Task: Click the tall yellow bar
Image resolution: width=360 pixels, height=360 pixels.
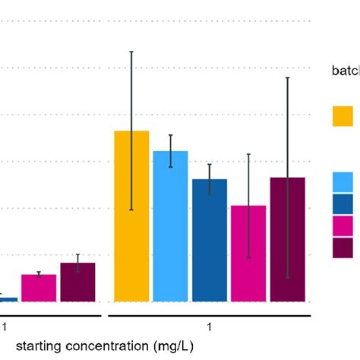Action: (131, 216)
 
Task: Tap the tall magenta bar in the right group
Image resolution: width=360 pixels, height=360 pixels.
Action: (248, 254)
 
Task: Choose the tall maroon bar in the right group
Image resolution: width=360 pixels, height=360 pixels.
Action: (287, 239)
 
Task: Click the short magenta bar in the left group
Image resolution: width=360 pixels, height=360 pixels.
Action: (39, 288)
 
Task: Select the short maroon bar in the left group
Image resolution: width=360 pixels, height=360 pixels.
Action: (77, 282)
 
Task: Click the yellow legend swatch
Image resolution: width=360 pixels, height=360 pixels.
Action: (343, 116)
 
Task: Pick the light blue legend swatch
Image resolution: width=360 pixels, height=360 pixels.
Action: (343, 182)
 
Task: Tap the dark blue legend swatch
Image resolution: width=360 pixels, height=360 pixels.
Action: (343, 204)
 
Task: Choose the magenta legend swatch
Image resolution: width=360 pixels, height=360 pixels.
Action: (343, 226)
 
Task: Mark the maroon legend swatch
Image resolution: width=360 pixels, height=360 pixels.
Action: (343, 248)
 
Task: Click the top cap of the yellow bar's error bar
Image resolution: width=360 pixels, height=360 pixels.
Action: (131, 52)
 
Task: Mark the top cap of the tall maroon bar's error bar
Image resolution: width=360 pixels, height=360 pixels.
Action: (287, 77)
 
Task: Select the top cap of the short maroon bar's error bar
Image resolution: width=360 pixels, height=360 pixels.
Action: (77, 254)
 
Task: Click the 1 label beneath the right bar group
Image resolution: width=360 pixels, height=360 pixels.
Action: (209, 327)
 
